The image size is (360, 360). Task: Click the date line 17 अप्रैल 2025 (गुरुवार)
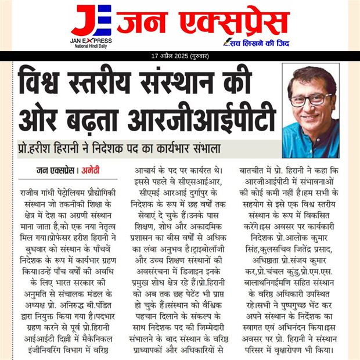pos(180,56)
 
